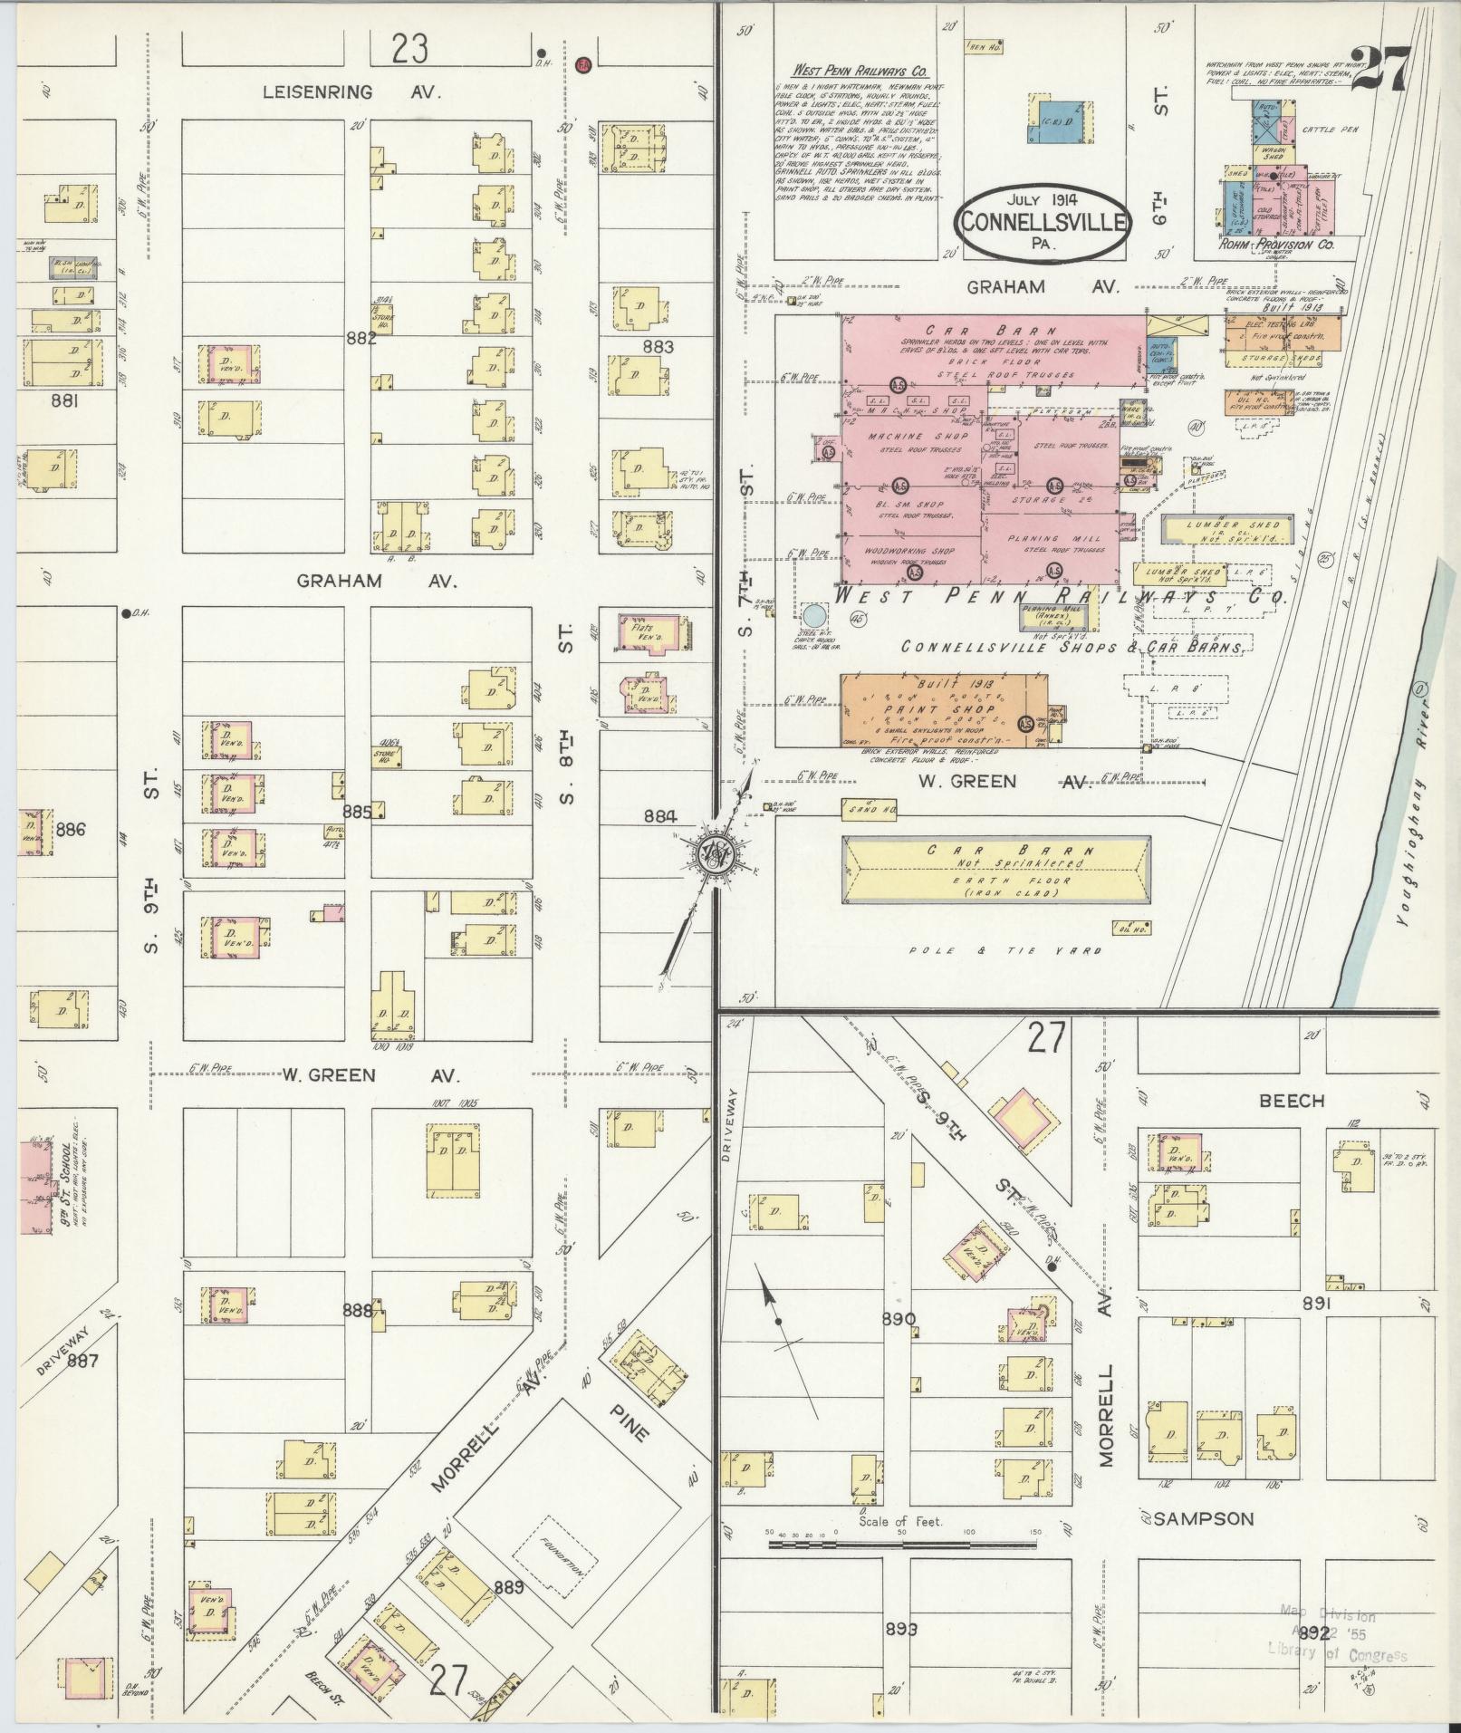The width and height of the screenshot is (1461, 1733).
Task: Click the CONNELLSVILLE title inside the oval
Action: [x=1043, y=223]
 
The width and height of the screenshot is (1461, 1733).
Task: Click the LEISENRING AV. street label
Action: [x=351, y=92]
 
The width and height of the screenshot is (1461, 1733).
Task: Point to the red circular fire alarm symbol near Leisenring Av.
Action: [x=583, y=64]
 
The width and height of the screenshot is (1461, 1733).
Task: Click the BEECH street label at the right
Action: [x=1291, y=1101]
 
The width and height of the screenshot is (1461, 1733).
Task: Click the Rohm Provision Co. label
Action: [x=1290, y=245]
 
